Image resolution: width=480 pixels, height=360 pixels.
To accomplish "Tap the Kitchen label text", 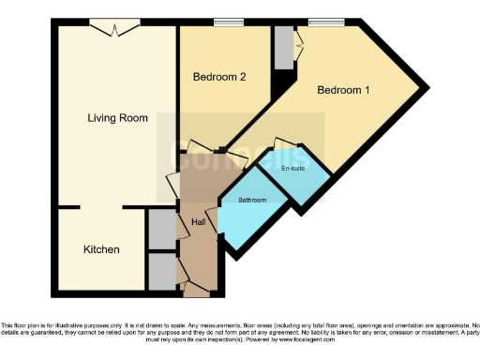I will point(101,250).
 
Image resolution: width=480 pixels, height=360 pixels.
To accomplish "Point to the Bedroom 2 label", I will point(219,78).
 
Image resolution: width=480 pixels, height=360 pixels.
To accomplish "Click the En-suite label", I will point(292,169).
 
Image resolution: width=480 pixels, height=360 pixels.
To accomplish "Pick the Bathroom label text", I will point(252,201).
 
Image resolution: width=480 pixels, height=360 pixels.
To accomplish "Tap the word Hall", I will point(198,222).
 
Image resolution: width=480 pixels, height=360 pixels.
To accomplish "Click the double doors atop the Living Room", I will point(114,30).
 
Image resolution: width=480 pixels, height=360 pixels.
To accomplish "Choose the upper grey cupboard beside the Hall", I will point(161,229).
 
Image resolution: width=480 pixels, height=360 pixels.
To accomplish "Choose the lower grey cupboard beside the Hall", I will point(161,272).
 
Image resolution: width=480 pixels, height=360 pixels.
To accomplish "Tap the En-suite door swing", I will point(281,147).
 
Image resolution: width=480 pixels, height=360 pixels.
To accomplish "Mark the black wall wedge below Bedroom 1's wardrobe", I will point(277,82).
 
